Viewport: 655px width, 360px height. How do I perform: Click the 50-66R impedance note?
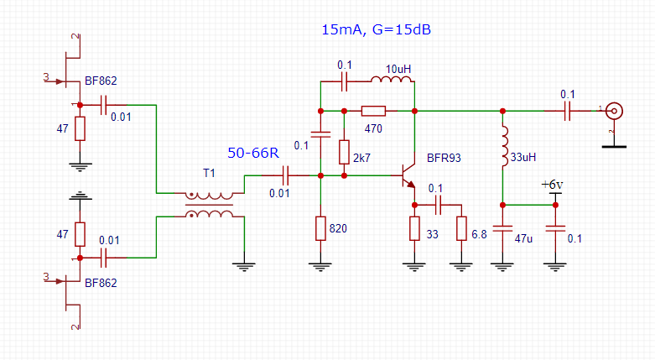pyautogui.click(x=253, y=154)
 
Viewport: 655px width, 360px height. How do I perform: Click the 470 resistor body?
pyautogui.click(x=373, y=111)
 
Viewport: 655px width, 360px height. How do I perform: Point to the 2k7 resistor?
pyautogui.click(x=344, y=152)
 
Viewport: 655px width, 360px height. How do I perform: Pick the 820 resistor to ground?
pyautogui.click(x=320, y=227)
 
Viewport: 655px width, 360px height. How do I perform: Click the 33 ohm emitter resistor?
pyautogui.click(x=414, y=228)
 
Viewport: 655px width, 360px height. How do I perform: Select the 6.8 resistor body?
pyautogui.click(x=460, y=228)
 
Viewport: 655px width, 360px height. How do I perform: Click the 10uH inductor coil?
pyautogui.click(x=392, y=81)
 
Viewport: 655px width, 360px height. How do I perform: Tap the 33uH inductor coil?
pyautogui.click(x=503, y=147)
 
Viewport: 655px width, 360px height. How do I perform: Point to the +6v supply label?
pyautogui.click(x=554, y=185)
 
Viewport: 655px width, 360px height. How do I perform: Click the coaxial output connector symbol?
pyautogui.click(x=615, y=111)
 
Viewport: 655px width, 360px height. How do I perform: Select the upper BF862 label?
pyautogui.click(x=101, y=81)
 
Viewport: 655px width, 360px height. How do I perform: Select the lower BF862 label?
pyautogui.click(x=101, y=283)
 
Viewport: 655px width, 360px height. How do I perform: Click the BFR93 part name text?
pyautogui.click(x=443, y=157)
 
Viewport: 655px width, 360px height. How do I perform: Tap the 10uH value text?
pyautogui.click(x=399, y=68)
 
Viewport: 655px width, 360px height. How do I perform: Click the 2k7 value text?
pyautogui.click(x=362, y=158)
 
